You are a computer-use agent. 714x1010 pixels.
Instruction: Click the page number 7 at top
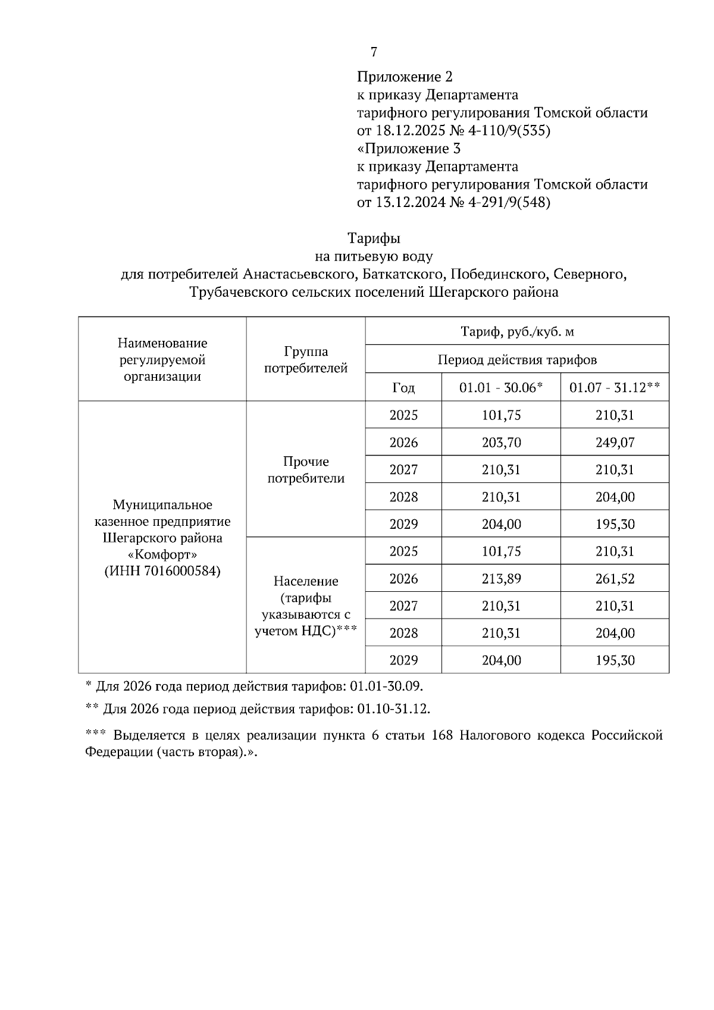click(374, 52)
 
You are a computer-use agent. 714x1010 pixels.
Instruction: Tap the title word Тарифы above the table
click(374, 239)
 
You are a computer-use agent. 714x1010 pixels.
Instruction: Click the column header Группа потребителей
click(306, 360)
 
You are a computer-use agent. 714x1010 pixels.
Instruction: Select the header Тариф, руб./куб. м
click(517, 331)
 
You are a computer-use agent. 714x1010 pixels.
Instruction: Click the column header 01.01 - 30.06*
click(501, 388)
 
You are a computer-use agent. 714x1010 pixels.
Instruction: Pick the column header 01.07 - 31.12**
click(615, 388)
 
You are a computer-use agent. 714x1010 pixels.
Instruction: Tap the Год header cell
click(403, 388)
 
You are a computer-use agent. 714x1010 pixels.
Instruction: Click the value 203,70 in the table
click(501, 443)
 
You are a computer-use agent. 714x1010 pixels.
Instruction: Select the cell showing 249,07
click(615, 443)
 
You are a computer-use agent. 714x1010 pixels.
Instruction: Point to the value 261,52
click(615, 579)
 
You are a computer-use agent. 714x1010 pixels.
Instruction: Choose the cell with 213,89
click(501, 579)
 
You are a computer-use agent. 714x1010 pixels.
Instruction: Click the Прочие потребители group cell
click(306, 470)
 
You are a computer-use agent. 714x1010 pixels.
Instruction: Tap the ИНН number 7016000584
click(181, 571)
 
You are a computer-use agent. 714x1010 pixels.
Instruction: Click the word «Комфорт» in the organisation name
click(162, 554)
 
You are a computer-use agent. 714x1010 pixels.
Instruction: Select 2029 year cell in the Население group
click(403, 660)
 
